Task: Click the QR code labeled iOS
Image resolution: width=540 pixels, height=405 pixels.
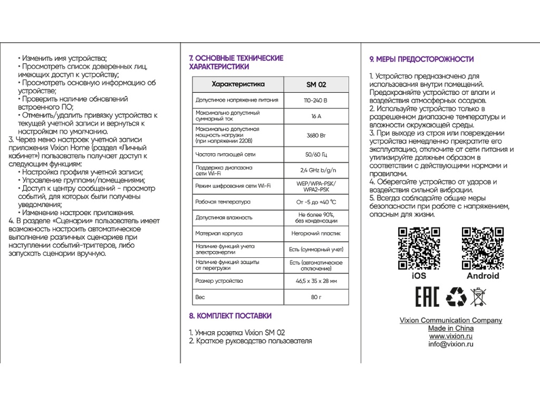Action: pos(419,248)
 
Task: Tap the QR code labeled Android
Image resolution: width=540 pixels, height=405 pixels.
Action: pos(483,248)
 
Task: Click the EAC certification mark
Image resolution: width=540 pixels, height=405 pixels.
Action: pos(427,297)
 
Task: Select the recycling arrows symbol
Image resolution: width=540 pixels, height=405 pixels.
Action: pos(456,297)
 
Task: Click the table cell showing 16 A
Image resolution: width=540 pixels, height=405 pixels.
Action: pos(316,116)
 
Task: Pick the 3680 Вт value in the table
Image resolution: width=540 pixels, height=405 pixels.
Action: pos(316,136)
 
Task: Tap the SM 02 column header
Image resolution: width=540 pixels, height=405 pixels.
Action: pos(316,84)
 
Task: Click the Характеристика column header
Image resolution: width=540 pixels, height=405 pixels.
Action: pos(238,84)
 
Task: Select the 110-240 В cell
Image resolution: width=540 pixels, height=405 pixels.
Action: pos(316,100)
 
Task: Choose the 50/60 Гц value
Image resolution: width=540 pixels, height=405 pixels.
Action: pos(316,155)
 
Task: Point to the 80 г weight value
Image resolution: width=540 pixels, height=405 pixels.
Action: pos(316,297)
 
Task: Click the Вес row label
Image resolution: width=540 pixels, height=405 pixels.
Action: pos(200,297)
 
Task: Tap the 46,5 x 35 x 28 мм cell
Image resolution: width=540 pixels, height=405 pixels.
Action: pos(316,281)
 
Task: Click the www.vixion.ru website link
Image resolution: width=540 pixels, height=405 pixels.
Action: pos(450,336)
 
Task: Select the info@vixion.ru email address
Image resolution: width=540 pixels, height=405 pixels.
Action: pos(450,344)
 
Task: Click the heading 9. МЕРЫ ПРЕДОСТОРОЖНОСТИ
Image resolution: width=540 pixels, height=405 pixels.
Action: pos(421,59)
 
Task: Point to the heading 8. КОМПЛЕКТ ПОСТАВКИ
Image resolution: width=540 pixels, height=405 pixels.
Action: pos(230,316)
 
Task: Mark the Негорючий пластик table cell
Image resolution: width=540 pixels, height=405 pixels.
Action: pos(316,233)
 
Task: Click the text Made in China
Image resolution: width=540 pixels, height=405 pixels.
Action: pos(450,329)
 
